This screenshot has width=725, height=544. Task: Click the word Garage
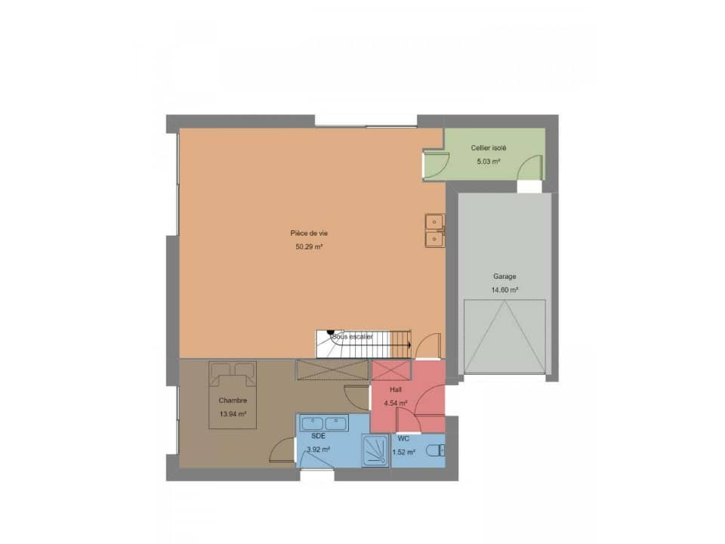pos(504,277)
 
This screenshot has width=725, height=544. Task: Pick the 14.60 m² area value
pos(504,289)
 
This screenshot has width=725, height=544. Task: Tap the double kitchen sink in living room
pos(434,230)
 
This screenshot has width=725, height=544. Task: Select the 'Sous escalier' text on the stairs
pos(352,336)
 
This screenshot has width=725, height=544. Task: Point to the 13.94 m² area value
pos(233,413)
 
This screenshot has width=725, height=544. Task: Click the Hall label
pos(396,389)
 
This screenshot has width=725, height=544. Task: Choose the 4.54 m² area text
pos(396,403)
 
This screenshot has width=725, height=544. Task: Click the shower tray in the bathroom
pos(375,452)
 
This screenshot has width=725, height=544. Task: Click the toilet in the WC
pos(436,451)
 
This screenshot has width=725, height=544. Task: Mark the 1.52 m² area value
pos(404,452)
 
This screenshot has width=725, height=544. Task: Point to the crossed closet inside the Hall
pos(390,371)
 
